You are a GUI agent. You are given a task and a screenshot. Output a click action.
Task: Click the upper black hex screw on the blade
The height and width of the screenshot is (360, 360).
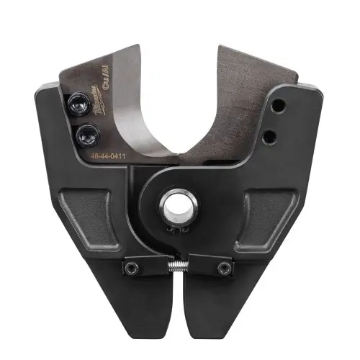(78, 104)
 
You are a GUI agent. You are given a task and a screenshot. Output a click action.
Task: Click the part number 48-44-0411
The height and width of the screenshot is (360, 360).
(107, 154)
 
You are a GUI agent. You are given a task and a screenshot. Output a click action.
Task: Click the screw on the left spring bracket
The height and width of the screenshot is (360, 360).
(132, 268)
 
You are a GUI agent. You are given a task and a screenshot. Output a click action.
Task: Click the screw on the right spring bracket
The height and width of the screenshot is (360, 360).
(225, 268)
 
